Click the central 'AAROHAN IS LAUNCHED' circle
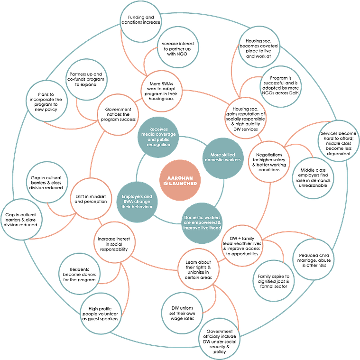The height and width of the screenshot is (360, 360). [x=180, y=180]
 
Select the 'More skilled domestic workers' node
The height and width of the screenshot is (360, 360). [x=223, y=158]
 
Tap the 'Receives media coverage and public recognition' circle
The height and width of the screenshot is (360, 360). [x=158, y=137]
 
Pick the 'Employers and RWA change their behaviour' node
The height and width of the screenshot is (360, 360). [x=137, y=202]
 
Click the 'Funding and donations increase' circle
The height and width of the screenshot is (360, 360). [x=141, y=22]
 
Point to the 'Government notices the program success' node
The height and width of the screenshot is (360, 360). [x=118, y=114]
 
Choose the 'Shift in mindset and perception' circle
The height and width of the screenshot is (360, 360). [x=91, y=199]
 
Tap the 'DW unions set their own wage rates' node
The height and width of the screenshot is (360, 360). [x=182, y=313]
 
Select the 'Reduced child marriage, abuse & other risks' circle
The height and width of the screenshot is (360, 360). [x=314, y=259]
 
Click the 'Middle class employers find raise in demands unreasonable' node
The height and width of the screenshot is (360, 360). [x=313, y=178]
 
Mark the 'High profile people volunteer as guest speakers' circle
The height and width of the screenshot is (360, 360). [x=101, y=314]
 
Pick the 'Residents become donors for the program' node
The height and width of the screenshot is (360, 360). [x=79, y=274]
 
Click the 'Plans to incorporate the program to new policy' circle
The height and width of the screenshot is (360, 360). [x=46, y=101]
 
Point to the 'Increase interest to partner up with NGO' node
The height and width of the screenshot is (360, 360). [x=177, y=47]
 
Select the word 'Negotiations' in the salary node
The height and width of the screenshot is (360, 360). [x=269, y=155]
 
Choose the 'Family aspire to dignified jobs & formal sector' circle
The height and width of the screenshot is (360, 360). [x=274, y=281]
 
